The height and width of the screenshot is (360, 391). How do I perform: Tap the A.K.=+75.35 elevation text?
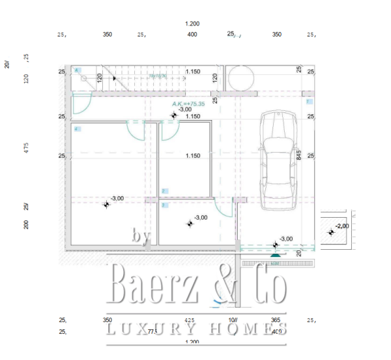188,104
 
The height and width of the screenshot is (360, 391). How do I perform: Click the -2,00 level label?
343,226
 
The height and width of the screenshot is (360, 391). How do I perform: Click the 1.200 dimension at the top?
192,23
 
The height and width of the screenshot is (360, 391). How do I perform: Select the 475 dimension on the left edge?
27,147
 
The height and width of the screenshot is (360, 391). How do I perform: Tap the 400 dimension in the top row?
192,35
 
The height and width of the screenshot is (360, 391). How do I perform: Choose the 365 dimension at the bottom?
276,320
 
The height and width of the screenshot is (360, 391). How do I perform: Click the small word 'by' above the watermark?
141,238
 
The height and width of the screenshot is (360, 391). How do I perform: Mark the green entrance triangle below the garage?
276,255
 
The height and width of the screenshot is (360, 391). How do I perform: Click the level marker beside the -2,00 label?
330,230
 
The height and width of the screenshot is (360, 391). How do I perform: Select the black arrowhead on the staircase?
115,78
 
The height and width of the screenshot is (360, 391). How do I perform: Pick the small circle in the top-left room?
84,78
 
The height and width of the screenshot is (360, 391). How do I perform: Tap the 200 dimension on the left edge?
27,225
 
